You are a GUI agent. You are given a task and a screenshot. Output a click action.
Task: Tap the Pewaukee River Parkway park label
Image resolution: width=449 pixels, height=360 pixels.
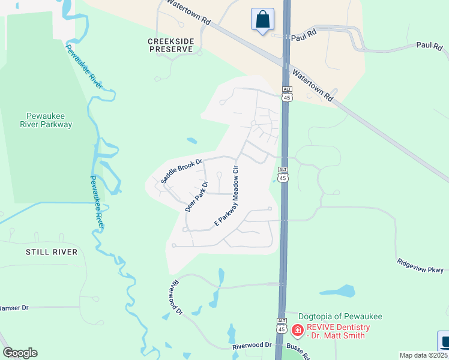pos(50,120)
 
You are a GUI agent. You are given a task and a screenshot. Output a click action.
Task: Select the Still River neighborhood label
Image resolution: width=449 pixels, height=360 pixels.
pos(52,252)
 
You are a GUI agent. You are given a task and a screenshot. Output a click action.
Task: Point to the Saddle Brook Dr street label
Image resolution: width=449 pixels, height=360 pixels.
pos(182,170)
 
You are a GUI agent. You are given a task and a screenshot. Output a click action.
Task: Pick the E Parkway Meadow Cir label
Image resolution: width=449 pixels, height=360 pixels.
pos(228,196)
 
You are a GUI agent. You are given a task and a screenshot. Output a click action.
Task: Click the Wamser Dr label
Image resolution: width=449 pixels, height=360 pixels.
pos(13,308)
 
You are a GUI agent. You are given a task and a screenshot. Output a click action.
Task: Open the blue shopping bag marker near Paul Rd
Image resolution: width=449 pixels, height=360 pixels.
pos(262,19)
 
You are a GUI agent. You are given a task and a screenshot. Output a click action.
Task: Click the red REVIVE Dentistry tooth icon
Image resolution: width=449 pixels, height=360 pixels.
pos(297,330)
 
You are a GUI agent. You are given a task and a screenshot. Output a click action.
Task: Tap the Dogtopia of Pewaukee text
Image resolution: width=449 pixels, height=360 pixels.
pos(341,316)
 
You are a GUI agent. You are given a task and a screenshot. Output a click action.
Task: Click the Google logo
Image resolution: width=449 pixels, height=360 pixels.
pos(20,353)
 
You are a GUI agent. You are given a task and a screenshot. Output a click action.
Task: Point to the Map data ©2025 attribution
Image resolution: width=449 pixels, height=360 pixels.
pos(424,356)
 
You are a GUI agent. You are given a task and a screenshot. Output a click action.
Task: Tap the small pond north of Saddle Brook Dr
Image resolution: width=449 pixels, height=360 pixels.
pos(191,142)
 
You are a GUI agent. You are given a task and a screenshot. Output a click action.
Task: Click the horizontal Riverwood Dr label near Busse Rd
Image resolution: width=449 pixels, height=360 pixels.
pos(252,347)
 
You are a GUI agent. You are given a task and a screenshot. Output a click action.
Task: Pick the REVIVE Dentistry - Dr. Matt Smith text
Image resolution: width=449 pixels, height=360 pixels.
pos(339,331)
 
